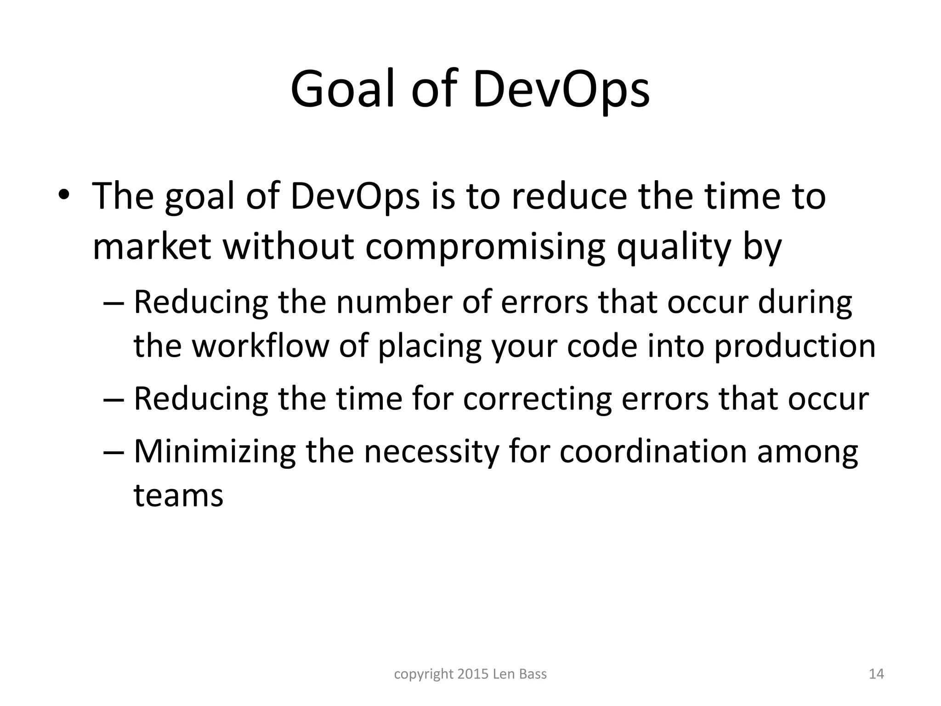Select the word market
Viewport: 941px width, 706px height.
click(152, 246)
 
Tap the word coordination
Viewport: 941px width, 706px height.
click(653, 451)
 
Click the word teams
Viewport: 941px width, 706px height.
click(178, 495)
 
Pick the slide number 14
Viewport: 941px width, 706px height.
click(877, 674)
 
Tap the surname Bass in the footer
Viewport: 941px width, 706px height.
click(533, 674)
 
